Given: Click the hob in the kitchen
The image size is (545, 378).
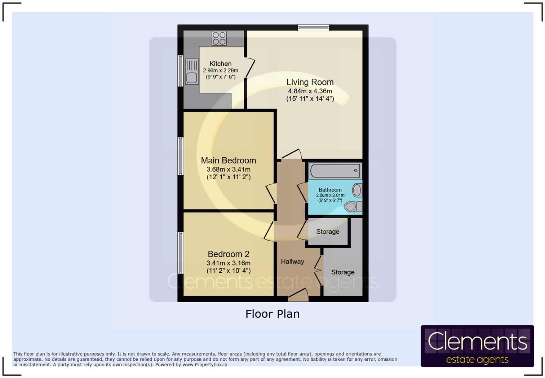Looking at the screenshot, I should coord(219,38).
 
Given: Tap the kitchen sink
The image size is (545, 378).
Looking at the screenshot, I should coord(191,72).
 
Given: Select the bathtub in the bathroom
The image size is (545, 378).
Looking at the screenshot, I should coord(335,171).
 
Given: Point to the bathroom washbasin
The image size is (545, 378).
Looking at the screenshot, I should coord(357,190).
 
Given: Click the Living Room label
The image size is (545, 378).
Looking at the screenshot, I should coord(310,82).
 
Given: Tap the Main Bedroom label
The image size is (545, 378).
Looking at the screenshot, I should coord(228,161).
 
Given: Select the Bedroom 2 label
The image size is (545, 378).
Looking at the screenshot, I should coord(228,254).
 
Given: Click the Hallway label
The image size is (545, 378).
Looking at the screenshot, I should coord(292,261).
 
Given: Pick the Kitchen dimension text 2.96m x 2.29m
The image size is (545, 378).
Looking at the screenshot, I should coord(220,71).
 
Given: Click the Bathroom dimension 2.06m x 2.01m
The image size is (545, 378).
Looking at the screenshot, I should coord(330,195).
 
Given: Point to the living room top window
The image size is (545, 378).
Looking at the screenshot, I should coord(313,27).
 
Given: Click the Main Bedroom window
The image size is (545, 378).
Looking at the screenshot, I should coord(181,156).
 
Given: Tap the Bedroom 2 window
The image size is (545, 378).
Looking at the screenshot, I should coord(181,252).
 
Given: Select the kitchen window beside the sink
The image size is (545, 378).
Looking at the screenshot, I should coord(180,71).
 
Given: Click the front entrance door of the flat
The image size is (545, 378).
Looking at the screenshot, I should coord(298,296).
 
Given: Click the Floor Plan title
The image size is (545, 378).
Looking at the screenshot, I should coord(272,314).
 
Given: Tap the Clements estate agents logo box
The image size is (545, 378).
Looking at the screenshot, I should coord(477,346).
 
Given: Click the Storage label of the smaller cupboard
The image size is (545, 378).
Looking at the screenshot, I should coord(328,232).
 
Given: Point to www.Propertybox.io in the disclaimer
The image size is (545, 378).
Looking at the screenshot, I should coord(205,365).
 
